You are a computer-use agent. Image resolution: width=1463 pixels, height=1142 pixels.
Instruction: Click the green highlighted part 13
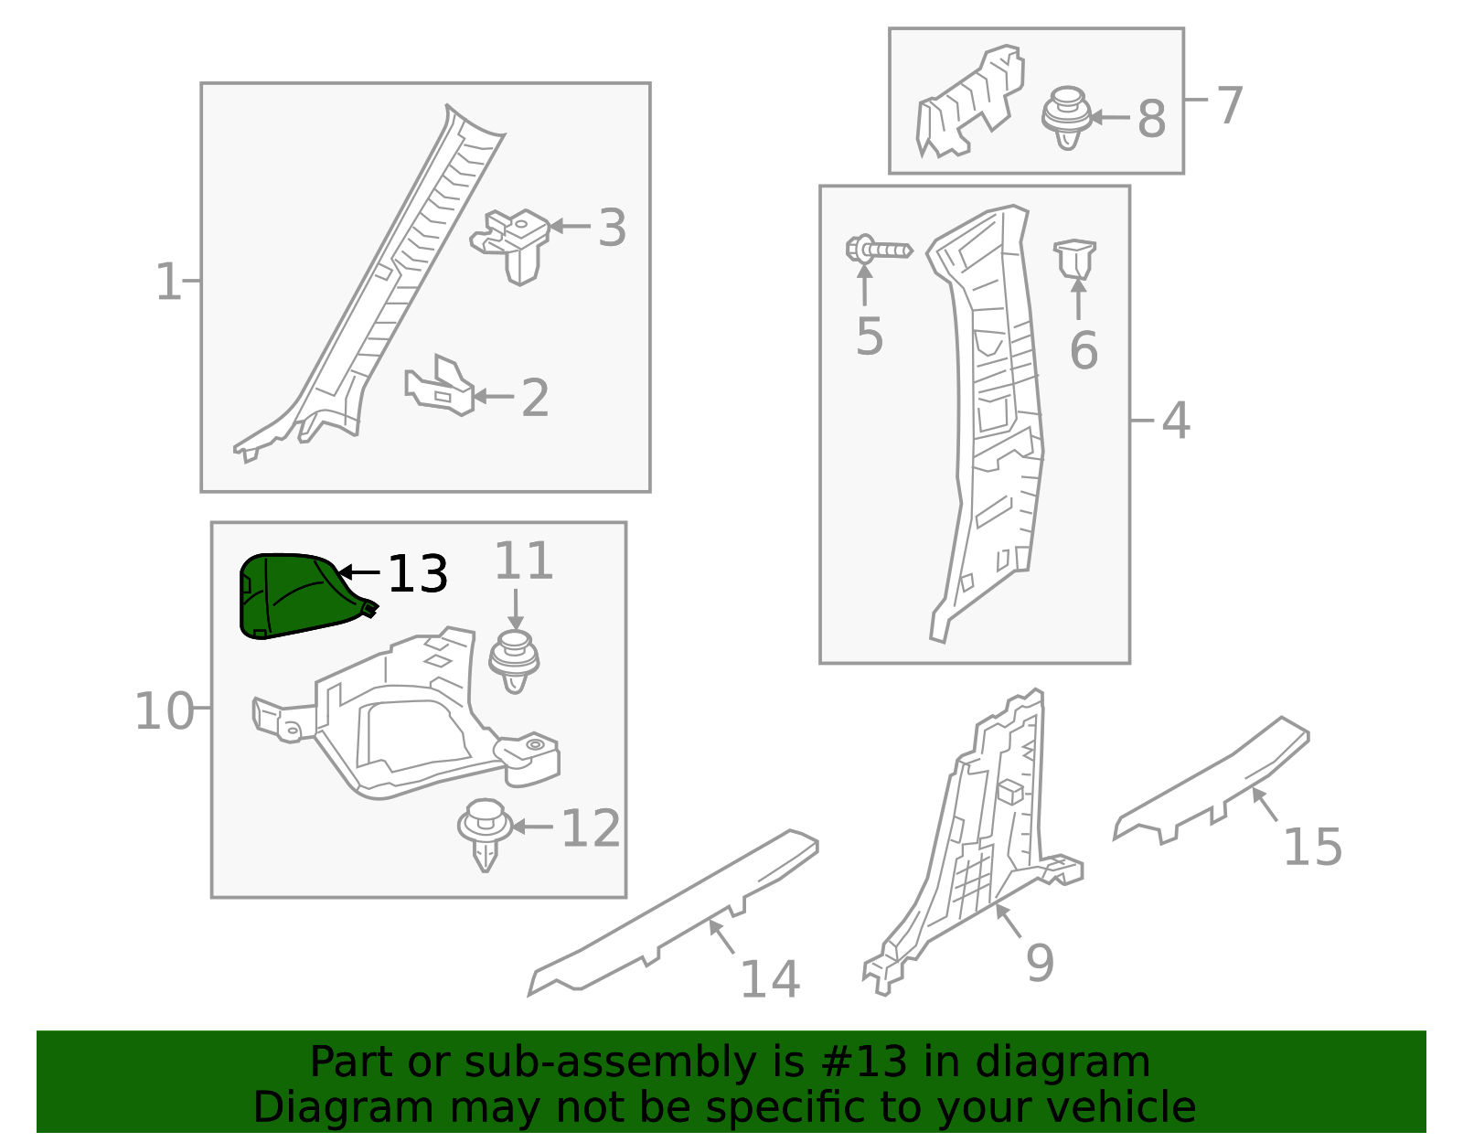pyautogui.click(x=293, y=596)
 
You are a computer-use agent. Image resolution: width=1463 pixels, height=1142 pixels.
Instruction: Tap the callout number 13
pyautogui.click(x=417, y=575)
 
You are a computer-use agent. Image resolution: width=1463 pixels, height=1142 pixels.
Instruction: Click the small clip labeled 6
pyautogui.click(x=1075, y=259)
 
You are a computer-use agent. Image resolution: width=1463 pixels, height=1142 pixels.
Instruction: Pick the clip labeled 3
pyautogui.click(x=514, y=243)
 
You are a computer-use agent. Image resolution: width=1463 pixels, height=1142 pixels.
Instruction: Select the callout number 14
pyautogui.click(x=769, y=980)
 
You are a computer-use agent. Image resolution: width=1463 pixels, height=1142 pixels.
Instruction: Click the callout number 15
pyautogui.click(x=1312, y=848)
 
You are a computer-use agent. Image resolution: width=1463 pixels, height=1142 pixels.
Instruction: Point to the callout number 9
pyautogui.click(x=1040, y=963)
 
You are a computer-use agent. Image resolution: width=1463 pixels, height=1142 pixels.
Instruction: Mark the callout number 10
pyautogui.click(x=165, y=711)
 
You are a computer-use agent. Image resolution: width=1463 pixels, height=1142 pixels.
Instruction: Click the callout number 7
pyautogui.click(x=1230, y=105)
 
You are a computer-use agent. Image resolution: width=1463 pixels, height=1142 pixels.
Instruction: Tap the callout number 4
pyautogui.click(x=1176, y=422)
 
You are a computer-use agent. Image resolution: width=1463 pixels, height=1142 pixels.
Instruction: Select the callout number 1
pyautogui.click(x=168, y=282)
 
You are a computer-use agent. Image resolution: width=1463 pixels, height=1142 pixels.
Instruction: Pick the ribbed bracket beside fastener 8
pyautogui.click(x=969, y=102)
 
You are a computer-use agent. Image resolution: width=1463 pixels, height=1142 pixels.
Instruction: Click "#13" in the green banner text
pyautogui.click(x=859, y=1062)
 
